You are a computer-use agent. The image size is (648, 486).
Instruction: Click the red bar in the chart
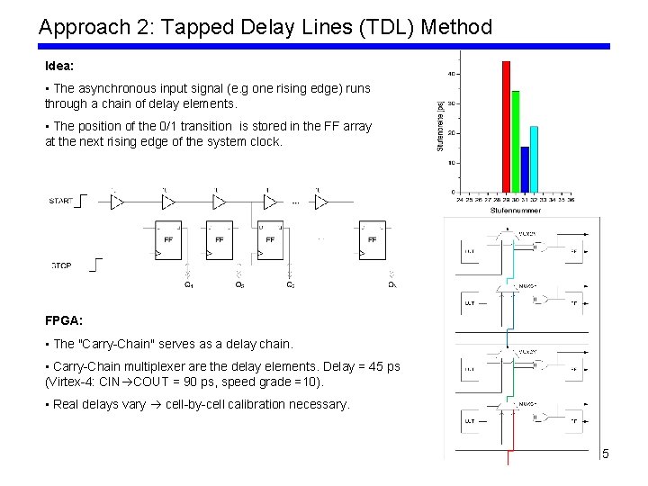tap(506, 126)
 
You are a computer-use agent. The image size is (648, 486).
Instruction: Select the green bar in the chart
tap(516, 141)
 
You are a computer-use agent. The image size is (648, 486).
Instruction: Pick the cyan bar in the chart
tap(534, 159)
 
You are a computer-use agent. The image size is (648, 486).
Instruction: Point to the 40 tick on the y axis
tap(450, 74)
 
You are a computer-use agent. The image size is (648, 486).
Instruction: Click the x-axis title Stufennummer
tap(516, 210)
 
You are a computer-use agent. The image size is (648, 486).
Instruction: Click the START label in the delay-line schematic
tap(61, 202)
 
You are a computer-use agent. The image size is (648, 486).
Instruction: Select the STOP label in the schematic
tap(61, 265)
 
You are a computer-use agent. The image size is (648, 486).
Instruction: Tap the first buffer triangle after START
tap(116, 202)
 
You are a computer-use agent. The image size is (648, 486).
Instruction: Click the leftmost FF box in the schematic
tap(168, 239)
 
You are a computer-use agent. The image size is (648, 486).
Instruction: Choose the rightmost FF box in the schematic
tap(373, 239)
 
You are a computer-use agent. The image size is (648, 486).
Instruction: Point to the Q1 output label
tap(188, 285)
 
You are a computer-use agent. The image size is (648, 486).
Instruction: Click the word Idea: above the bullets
tap(58, 67)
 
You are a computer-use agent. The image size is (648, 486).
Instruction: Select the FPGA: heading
tap(64, 320)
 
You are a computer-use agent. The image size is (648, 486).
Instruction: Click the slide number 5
tap(606, 454)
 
